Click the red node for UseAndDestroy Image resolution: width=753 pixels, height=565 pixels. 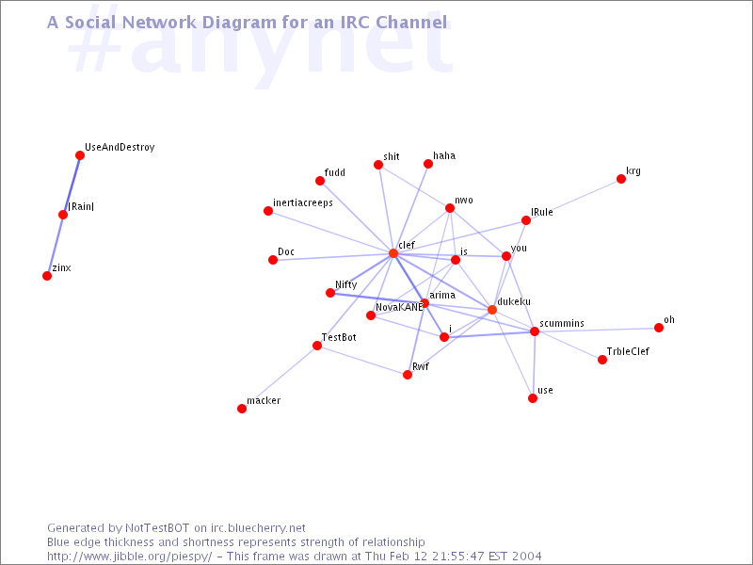[80, 155]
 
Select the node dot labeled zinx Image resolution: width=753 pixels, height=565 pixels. [47, 276]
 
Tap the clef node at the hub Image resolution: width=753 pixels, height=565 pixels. [393, 253]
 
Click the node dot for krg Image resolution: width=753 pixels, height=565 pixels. [621, 179]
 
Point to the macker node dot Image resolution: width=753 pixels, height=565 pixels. [242, 409]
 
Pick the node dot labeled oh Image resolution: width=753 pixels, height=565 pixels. [659, 328]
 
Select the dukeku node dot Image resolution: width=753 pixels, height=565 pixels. [492, 310]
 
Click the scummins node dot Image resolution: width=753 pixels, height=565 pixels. [535, 331]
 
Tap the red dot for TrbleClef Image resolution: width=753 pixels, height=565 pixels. [602, 360]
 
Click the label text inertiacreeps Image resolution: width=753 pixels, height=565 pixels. [303, 203]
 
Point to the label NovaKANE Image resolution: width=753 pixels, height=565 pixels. [399, 307]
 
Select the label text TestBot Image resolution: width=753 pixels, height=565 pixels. [339, 337]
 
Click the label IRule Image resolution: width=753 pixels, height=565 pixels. [542, 213]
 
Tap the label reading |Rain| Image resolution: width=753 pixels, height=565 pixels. [81, 206]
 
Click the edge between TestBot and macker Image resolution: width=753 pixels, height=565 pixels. [280, 378]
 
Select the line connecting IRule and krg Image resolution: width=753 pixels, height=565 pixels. [573, 200]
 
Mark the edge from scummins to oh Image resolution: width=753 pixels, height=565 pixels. [597, 330]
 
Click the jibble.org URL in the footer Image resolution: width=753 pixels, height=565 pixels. [129, 557]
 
